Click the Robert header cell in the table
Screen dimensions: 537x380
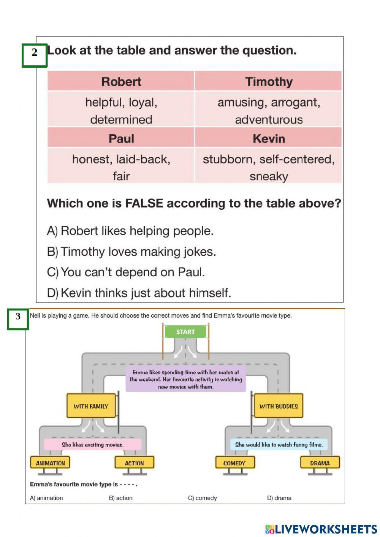[121, 81]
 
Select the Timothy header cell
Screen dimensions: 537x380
[269, 81]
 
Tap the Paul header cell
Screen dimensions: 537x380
[121, 138]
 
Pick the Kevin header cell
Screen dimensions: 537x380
[269, 138]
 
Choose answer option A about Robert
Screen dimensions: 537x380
[130, 231]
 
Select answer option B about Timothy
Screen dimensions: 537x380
[131, 252]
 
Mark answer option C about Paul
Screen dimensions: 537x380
[126, 272]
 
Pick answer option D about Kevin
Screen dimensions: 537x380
[139, 293]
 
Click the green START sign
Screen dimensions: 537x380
[185, 332]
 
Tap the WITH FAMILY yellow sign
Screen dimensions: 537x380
[91, 406]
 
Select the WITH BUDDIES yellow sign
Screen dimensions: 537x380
[279, 406]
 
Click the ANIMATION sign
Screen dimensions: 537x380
[50, 463]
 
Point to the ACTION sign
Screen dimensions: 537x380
[134, 463]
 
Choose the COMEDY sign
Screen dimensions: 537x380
[234, 463]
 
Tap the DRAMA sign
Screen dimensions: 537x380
[320, 463]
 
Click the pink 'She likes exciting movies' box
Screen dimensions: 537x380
[92, 444]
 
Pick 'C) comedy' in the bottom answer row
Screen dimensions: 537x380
[203, 498]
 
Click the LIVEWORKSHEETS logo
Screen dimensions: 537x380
[321, 529]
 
